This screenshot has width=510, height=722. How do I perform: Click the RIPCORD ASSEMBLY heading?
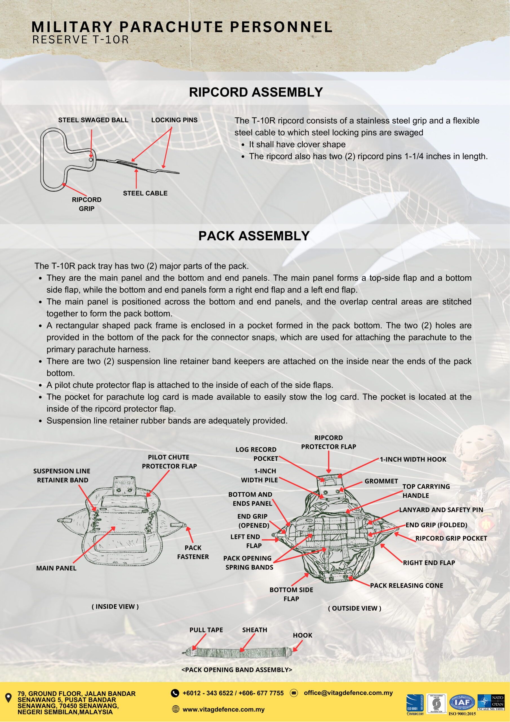256,92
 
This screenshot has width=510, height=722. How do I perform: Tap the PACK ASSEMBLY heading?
254,236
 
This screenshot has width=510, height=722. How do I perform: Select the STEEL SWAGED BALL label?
93,120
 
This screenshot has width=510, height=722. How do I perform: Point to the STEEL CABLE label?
145,193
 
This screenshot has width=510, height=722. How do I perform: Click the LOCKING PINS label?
174,120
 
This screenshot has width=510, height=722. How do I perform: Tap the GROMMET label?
381,481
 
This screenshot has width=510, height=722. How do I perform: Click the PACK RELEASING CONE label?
407,585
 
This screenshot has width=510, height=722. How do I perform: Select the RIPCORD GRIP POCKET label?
451,538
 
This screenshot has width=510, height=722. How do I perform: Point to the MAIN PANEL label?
56,568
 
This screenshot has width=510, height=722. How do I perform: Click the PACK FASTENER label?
193,552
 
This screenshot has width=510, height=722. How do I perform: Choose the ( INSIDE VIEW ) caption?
115,607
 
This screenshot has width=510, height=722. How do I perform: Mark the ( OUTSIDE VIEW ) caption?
354,608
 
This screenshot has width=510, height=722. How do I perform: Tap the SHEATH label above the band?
254,630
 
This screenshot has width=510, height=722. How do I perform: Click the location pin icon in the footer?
9,698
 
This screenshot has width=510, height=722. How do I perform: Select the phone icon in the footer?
175,693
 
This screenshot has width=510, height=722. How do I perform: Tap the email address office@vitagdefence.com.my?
348,693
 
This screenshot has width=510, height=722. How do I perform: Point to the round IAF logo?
463,702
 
